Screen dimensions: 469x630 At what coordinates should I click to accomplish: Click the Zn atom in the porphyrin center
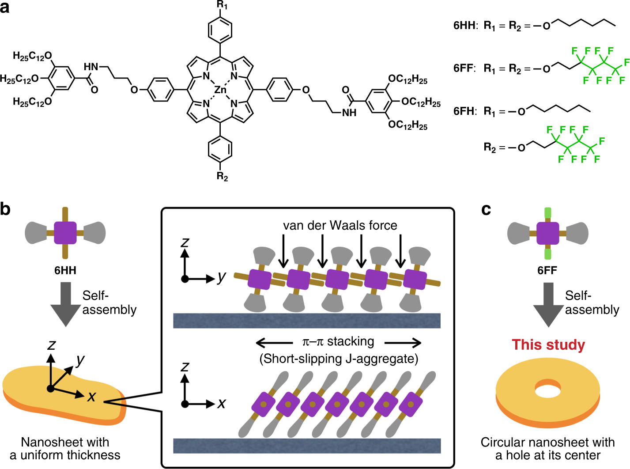[220, 90]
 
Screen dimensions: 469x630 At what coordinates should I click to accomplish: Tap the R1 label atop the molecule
[222, 5]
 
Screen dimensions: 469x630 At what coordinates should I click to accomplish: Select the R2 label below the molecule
[222, 177]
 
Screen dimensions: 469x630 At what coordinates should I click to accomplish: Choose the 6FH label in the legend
[465, 111]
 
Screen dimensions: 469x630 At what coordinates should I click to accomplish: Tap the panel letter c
[486, 209]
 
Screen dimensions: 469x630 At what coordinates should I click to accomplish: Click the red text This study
[548, 344]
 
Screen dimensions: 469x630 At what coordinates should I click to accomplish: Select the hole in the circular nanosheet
[548, 390]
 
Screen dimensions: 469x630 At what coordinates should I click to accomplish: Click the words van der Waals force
[340, 225]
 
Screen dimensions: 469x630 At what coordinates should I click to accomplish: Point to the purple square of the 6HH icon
[65, 233]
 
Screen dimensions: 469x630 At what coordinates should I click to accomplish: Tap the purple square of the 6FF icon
[548, 233]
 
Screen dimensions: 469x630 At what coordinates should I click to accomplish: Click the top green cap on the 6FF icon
[548, 213]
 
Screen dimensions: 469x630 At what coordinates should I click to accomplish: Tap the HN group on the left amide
[91, 67]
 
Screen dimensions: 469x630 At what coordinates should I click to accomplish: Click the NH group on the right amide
[349, 113]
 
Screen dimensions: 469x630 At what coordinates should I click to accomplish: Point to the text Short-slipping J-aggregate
[339, 359]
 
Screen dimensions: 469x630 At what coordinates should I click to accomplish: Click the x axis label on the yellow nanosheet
[91, 397]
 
